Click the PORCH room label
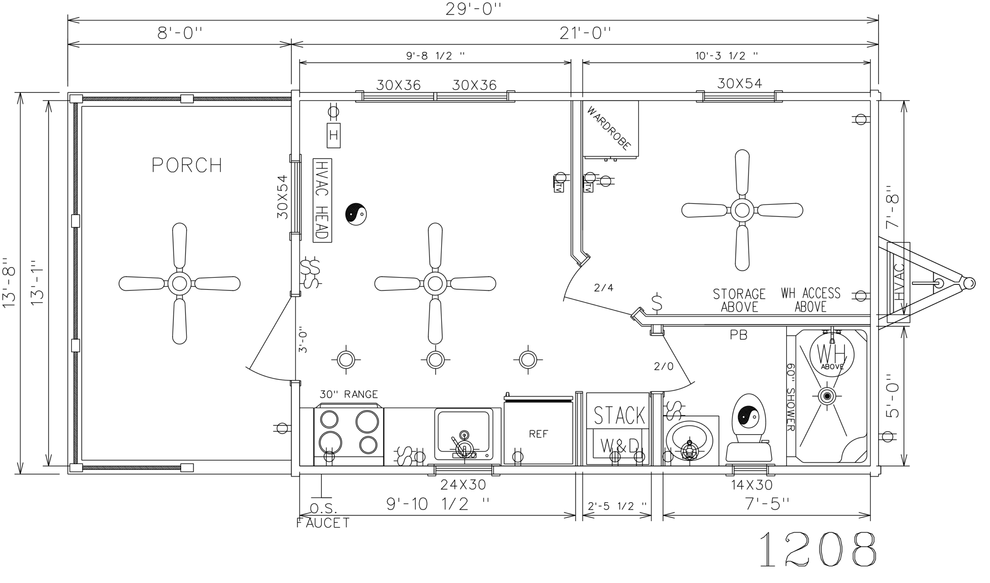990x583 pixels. coord(187,165)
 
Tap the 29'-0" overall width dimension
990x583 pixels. coord(473,8)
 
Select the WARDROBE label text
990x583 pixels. coord(609,128)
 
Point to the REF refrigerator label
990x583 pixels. coord(538,434)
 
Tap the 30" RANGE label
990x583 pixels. coord(349,394)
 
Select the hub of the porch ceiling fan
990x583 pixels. coord(179,283)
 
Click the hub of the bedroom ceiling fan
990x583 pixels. coord(742,210)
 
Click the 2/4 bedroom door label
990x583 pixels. coord(604,288)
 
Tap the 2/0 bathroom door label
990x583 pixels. coord(664,367)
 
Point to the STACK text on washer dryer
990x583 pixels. coord(619,415)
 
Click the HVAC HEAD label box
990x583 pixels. coord(323,201)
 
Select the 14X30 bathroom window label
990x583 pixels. coord(752,485)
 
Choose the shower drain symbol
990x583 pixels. coord(827,396)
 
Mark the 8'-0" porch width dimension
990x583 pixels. coord(179,33)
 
